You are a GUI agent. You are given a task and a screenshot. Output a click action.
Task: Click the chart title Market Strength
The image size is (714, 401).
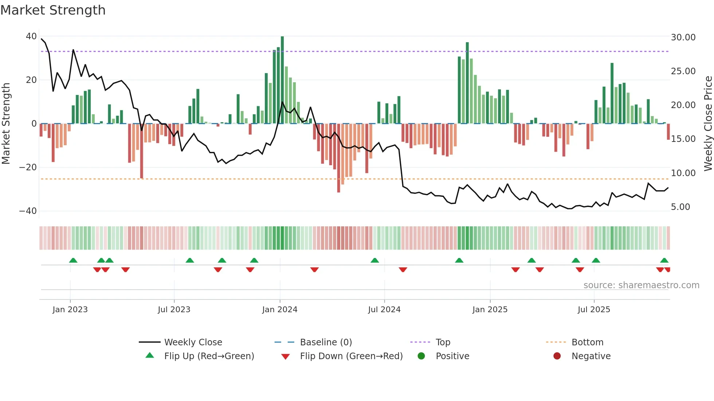click(53, 10)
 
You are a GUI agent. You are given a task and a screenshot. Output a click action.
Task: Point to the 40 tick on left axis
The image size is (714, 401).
click(31, 36)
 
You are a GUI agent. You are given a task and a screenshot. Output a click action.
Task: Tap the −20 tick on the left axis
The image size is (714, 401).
click(28, 167)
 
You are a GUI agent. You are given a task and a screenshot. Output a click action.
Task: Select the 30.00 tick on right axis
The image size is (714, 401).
click(683, 37)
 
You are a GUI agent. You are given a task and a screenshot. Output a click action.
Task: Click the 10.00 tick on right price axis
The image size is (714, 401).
click(683, 173)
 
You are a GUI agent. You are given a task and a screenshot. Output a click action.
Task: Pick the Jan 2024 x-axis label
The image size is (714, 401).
click(279, 310)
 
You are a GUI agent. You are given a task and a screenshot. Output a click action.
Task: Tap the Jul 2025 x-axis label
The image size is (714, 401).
click(593, 310)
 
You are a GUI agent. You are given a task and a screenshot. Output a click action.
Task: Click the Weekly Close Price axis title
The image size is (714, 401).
click(708, 124)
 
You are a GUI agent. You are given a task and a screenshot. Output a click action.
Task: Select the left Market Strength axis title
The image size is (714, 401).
click(6, 124)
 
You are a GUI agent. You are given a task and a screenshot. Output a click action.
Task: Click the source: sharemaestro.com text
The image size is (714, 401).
click(641, 285)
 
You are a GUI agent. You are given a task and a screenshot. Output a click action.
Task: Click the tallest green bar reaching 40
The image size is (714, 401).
click(282, 80)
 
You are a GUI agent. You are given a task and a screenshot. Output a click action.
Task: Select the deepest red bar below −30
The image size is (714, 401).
click(338, 158)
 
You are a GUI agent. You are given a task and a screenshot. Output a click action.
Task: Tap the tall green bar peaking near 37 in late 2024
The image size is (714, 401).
click(467, 83)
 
